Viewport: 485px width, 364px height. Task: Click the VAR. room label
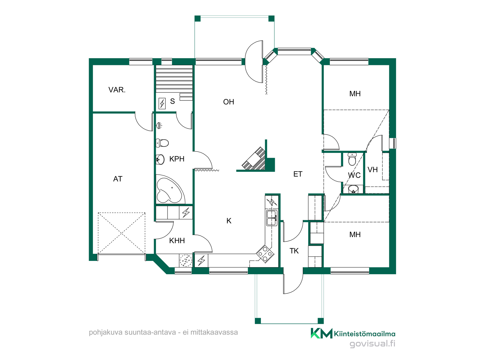(x=117, y=90)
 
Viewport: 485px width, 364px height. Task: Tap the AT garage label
(x=118, y=179)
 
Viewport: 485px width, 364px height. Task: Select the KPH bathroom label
(x=177, y=159)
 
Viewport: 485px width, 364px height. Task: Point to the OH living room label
(x=229, y=102)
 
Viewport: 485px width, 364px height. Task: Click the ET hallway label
(x=298, y=174)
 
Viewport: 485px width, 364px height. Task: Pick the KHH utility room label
(x=177, y=241)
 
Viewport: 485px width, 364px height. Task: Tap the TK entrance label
(x=294, y=251)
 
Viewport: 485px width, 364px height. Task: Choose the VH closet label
(x=373, y=170)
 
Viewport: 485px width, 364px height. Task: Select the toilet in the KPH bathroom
(x=162, y=143)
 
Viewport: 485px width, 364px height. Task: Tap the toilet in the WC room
(x=352, y=159)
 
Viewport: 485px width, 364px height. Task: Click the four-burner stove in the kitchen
(x=265, y=254)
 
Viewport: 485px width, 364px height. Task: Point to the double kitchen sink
(x=272, y=218)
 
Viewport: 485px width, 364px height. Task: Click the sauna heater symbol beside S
(x=162, y=104)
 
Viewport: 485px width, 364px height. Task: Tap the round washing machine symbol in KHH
(x=186, y=260)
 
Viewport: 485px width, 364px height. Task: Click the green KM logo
(x=321, y=333)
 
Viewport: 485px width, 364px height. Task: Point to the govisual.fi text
(x=372, y=344)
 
